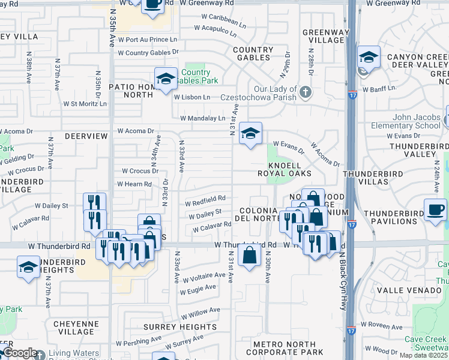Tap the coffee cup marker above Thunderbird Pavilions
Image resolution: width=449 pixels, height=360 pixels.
point(435,211)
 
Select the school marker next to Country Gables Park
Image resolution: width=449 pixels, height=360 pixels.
point(166,79)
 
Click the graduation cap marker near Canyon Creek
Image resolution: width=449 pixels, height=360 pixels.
point(368,58)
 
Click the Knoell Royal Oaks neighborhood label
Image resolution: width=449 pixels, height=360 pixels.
point(289,169)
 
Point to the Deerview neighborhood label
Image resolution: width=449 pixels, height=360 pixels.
point(86,137)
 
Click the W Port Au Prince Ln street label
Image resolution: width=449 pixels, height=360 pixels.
point(148,40)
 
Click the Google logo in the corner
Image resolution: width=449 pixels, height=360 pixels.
point(20,353)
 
